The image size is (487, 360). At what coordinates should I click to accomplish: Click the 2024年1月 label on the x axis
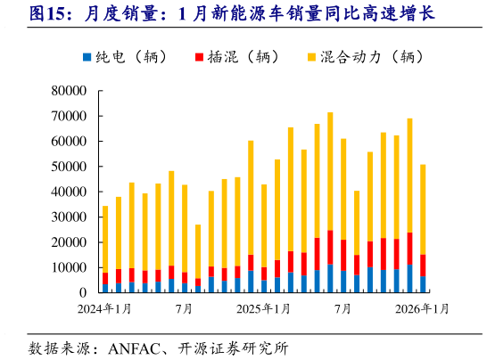click(104, 309)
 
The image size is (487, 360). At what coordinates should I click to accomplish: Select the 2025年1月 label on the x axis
click(264, 309)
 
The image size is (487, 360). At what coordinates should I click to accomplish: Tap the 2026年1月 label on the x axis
click(422, 309)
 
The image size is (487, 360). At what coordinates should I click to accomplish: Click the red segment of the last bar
click(423, 265)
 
